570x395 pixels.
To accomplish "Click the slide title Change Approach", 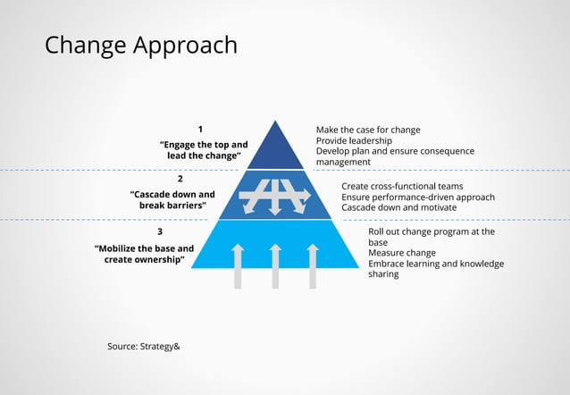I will pos(141,45).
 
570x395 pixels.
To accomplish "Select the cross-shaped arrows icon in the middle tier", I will pos(275,195).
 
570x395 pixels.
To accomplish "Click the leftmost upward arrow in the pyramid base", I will pos(239,265).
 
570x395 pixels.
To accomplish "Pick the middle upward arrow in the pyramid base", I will pos(275,265).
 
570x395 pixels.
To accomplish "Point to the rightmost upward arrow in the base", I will pos(313,265).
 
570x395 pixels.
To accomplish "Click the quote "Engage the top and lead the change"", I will pos(204,149).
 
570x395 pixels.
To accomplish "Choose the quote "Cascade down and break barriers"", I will pos(172,199).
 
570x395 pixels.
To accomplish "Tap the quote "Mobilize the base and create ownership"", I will pos(144,254).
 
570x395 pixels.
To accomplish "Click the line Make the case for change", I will pos(367,130).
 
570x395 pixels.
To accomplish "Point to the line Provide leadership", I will pos(354,141).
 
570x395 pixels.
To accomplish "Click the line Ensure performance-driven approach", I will pos(417,197).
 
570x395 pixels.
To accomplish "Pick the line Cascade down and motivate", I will pos(398,207).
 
